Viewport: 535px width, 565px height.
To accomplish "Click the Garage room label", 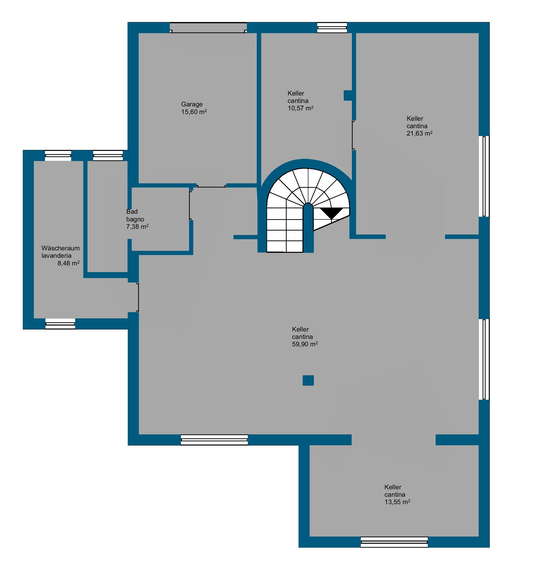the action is pyautogui.click(x=192, y=104).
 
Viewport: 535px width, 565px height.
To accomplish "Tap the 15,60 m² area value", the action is pyautogui.click(x=194, y=112).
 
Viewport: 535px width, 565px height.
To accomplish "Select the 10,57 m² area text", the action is pyautogui.click(x=300, y=108).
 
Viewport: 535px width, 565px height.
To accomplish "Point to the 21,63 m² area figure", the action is pyautogui.click(x=420, y=133).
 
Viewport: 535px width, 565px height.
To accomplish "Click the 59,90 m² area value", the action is pyautogui.click(x=305, y=344).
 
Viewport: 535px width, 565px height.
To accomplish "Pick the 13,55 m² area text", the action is pyautogui.click(x=397, y=502).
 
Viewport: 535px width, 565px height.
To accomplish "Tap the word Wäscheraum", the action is pyautogui.click(x=61, y=248).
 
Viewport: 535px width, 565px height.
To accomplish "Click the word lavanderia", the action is pyautogui.click(x=57, y=256).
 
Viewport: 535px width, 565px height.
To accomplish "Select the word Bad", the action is pyautogui.click(x=132, y=212).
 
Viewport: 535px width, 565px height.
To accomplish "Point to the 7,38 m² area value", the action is pyautogui.click(x=137, y=227).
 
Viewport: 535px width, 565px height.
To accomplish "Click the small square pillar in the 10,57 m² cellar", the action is pyautogui.click(x=348, y=95).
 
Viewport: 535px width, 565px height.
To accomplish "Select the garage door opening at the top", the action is pyautogui.click(x=209, y=28).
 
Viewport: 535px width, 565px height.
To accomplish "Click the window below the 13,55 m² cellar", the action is pyautogui.click(x=394, y=542).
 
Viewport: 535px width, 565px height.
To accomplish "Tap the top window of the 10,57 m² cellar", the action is pyautogui.click(x=332, y=28).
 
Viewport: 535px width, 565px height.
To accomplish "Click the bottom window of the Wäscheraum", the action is pyautogui.click(x=60, y=324).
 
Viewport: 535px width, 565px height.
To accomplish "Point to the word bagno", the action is pyautogui.click(x=135, y=219).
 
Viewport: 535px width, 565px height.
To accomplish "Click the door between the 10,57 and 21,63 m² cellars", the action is pyautogui.click(x=353, y=135).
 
